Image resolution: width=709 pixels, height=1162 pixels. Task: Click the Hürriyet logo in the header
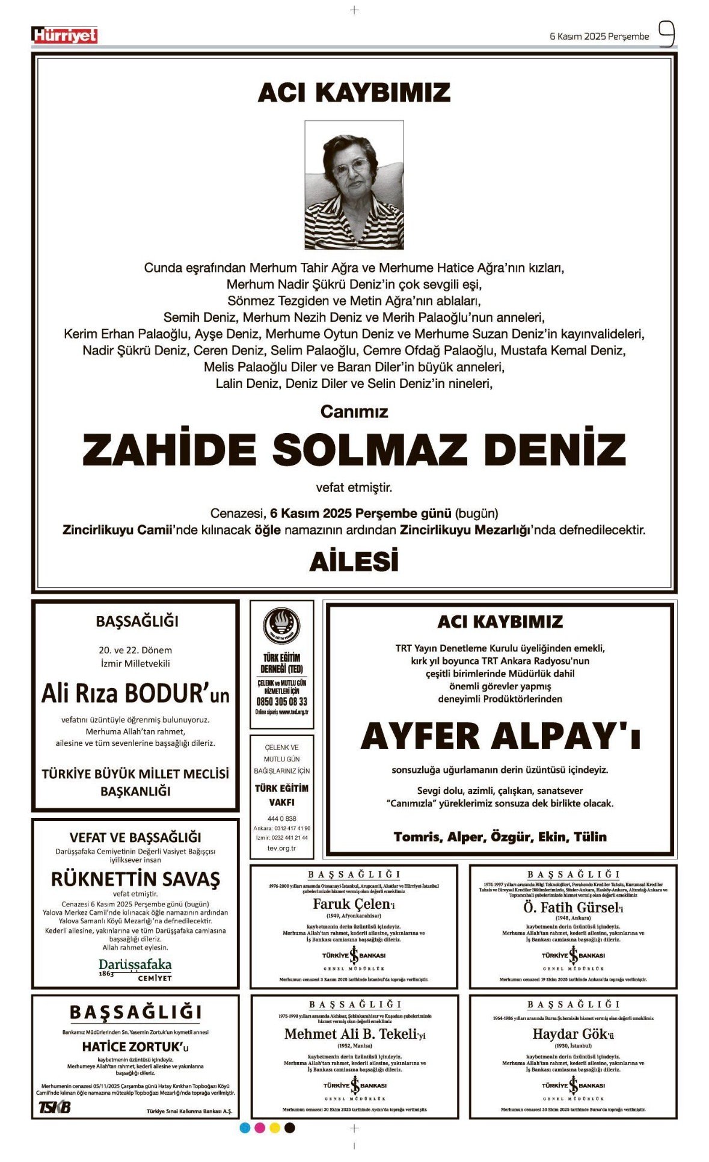pos(64,35)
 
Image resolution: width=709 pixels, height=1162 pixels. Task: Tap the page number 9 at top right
pos(666,34)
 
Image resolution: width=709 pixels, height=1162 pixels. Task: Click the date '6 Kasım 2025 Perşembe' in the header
pos(599,36)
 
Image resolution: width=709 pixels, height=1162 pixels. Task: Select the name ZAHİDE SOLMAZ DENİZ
pos(354,449)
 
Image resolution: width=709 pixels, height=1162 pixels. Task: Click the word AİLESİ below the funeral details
pos(354,562)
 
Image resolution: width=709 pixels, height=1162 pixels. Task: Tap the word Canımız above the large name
pos(354,411)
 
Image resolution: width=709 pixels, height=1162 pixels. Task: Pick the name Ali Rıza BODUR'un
pos(135,693)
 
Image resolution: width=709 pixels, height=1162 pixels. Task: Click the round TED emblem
pos(281,627)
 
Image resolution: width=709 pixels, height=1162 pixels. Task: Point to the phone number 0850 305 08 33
pos(281,701)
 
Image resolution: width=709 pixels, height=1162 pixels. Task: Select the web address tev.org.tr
pos(281,848)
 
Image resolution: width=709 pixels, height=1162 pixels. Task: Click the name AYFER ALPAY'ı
pos(500,736)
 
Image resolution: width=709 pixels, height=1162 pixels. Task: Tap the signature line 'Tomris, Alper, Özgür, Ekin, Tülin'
pos(500,837)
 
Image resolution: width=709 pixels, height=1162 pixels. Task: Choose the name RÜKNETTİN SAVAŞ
pos(135,879)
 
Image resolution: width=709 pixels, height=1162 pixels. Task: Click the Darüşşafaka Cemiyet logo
pos(135,969)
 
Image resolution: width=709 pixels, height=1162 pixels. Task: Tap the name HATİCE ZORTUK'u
pos(135,1047)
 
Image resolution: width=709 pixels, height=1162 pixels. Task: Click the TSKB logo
pos(55,1107)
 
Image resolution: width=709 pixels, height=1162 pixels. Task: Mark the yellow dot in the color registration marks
pos(275,1128)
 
